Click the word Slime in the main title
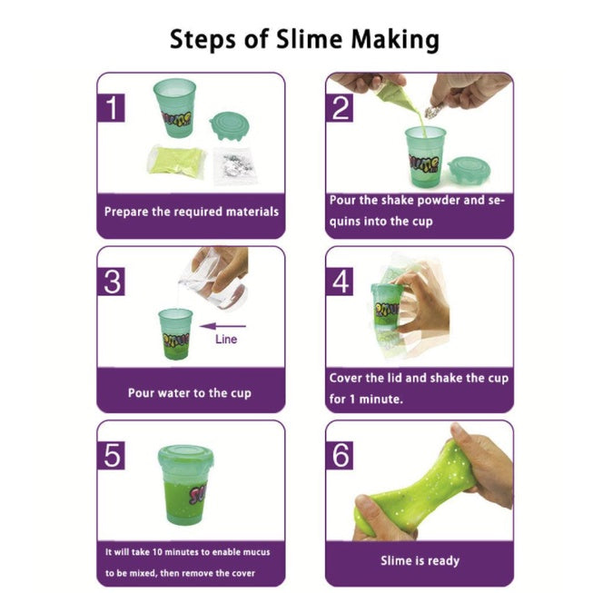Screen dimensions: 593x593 tap(309, 39)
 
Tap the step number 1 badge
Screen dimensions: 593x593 tap(111, 108)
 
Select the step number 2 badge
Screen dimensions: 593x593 tap(340, 108)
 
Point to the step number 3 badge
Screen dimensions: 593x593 tap(111, 282)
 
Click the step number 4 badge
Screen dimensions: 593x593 tap(340, 282)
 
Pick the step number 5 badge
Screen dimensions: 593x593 tap(111, 455)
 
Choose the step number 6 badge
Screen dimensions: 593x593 tap(340, 455)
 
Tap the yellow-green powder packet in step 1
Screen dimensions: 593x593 tap(176, 161)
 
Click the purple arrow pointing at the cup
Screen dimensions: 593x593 tap(222, 326)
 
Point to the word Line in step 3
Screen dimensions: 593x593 tap(226, 340)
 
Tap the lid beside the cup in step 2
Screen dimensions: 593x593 tap(469, 170)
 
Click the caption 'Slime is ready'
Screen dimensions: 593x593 tap(420, 560)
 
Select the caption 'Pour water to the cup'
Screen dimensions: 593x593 tap(190, 393)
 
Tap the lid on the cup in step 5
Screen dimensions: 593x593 tap(185, 459)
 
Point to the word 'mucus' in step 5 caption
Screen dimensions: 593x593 tap(255, 552)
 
